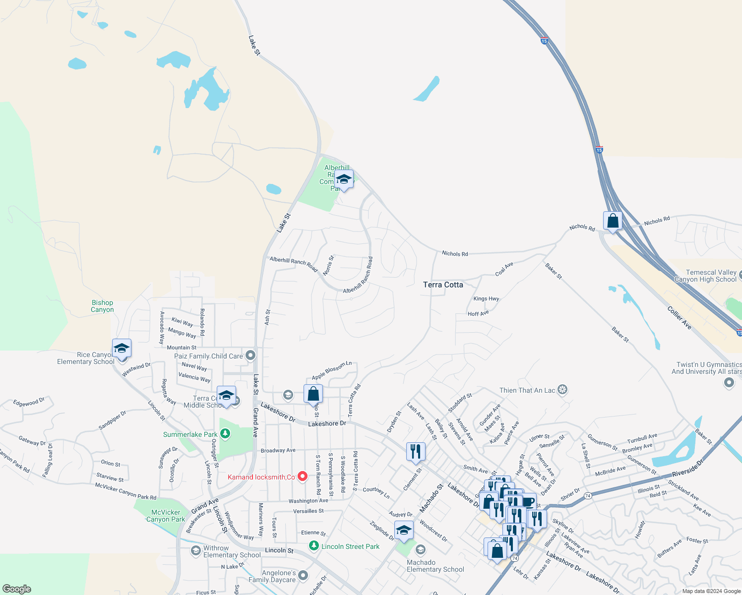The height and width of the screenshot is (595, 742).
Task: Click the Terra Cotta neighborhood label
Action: pos(443,285)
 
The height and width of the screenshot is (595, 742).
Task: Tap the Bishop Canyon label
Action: pos(102,306)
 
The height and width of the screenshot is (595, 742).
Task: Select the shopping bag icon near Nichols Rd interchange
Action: pos(613,221)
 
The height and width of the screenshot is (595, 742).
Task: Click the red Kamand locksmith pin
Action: pos(302,476)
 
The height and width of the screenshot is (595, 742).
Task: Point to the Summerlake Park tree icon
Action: pos(225,434)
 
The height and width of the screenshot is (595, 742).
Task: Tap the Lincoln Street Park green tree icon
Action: pos(313,546)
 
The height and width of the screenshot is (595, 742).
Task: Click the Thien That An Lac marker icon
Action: pos(562,390)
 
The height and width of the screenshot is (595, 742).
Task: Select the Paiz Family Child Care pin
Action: pos(250,355)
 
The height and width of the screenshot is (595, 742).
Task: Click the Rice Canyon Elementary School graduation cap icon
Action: pos(122,349)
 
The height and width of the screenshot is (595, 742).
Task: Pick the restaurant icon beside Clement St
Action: pos(416,451)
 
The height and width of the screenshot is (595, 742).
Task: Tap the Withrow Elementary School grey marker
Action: pos(196,551)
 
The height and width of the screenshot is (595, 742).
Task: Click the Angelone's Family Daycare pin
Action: pos(303,576)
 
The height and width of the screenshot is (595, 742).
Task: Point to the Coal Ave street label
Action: pos(504,269)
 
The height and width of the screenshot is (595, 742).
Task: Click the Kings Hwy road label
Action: pos(486,298)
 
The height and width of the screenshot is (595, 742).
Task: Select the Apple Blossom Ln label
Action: pos(331,370)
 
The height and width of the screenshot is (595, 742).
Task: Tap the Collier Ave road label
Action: pos(679,318)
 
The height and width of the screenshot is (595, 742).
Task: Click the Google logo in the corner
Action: pos(17,589)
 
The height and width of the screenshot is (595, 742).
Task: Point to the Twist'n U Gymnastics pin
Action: pos(729,382)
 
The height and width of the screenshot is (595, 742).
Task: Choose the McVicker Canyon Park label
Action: pos(166,516)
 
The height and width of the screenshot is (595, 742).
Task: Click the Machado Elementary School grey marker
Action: pos(421,549)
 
